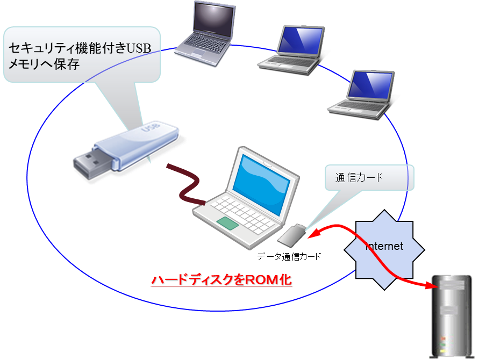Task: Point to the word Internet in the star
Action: tap(384, 247)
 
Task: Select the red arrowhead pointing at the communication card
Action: tap(312, 234)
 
